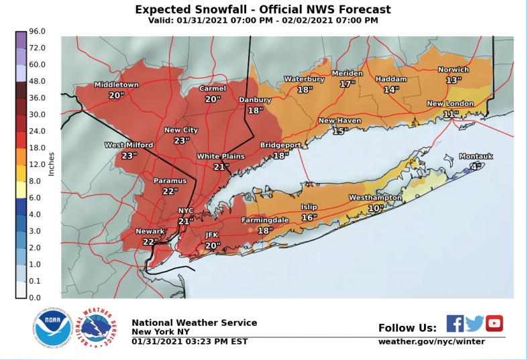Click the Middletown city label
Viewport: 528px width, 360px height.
click(116, 85)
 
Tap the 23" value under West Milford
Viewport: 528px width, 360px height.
click(129, 155)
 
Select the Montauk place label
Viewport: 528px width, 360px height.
click(476, 156)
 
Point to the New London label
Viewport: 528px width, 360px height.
click(450, 104)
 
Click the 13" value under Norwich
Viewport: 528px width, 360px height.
click(454, 80)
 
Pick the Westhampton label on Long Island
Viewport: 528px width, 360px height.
click(375, 198)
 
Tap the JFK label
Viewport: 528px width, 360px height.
click(212, 235)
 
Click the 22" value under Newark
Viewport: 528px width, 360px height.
click(150, 241)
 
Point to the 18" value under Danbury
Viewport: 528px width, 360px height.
click(254, 110)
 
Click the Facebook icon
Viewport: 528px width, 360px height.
click(455, 323)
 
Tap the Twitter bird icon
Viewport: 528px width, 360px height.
click(474, 323)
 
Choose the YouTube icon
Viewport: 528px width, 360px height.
click(494, 323)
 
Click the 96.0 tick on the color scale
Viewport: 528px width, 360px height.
click(36, 32)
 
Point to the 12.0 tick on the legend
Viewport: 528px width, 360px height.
click(36, 164)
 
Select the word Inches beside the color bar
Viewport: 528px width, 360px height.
click(51, 165)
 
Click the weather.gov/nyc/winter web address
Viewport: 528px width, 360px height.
click(431, 341)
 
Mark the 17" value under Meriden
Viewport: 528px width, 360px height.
click(347, 84)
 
